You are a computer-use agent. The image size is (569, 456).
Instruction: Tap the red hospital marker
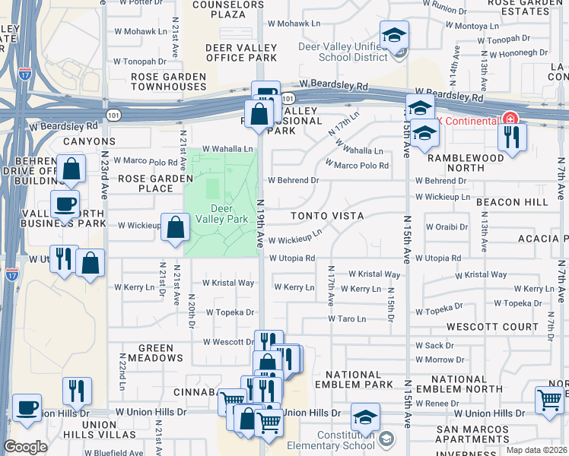(508, 120)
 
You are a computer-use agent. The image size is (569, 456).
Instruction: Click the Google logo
(25, 447)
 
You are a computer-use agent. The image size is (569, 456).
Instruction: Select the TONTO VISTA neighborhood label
(327, 216)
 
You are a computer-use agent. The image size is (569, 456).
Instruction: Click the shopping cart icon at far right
(549, 399)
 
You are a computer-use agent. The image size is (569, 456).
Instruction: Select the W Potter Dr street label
(136, 3)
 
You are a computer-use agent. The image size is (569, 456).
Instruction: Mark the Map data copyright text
(536, 450)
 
